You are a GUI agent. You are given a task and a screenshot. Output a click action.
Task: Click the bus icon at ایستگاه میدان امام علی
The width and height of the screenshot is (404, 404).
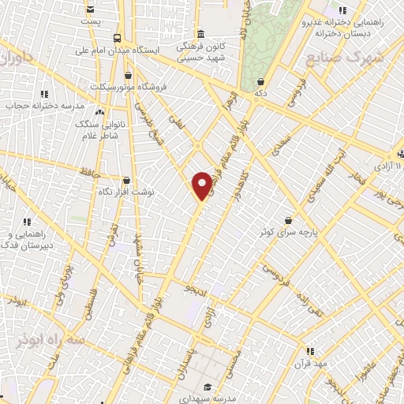[117, 38]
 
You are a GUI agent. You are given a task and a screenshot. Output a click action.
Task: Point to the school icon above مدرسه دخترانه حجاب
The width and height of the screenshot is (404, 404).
[43, 94]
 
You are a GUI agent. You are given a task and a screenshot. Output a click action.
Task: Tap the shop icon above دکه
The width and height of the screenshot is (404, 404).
[260, 81]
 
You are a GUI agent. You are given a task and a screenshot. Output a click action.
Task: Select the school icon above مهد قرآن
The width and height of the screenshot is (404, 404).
[310, 351]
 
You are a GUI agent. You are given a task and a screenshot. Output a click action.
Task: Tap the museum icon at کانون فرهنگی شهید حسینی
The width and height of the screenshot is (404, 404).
[200, 34]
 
